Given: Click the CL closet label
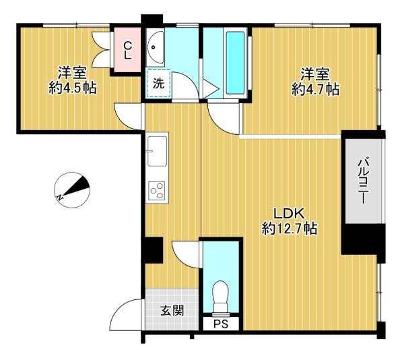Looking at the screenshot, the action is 127,51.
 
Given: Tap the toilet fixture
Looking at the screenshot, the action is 221,298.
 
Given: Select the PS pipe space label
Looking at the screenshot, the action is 221,324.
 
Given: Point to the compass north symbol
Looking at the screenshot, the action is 72,190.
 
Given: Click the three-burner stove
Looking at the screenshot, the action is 157,190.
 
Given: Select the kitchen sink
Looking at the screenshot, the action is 157,151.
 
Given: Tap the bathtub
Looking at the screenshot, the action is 235,63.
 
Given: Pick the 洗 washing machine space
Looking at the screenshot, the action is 158,84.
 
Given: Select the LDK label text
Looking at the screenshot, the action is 289,214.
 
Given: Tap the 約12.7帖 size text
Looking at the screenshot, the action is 289,229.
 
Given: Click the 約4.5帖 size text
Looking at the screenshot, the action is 73,88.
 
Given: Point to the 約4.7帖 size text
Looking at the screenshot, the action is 315,90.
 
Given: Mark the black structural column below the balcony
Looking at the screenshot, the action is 363,239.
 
